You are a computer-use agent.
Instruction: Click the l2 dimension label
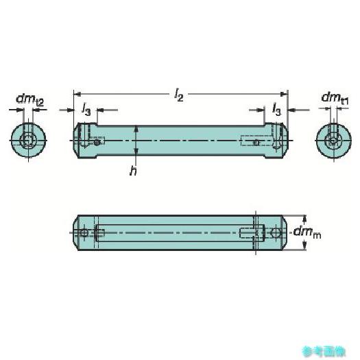click(x=178, y=95)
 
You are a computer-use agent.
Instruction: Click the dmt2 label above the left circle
click(x=29, y=99)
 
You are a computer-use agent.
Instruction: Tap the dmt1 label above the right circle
click(x=335, y=98)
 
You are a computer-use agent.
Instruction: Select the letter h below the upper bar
click(x=133, y=171)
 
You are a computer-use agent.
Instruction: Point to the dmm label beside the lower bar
click(x=307, y=232)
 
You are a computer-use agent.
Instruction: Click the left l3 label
click(x=86, y=110)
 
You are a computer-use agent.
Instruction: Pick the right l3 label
click(x=276, y=109)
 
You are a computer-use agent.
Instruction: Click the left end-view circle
click(x=29, y=140)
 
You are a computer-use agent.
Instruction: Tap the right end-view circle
click(x=333, y=141)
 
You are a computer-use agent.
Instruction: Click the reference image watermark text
click(x=324, y=351)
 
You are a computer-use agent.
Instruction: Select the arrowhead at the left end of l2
click(x=77, y=94)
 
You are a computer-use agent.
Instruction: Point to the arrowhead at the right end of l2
click(x=285, y=94)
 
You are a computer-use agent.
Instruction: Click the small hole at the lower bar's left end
click(x=84, y=233)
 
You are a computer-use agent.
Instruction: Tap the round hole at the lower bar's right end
click(x=276, y=233)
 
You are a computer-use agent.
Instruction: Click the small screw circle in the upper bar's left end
click(x=97, y=143)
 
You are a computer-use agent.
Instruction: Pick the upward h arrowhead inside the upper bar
click(x=136, y=129)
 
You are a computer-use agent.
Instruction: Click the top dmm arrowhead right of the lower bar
click(x=304, y=219)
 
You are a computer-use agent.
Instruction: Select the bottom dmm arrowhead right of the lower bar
click(x=304, y=245)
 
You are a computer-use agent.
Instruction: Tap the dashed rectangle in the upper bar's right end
click(x=256, y=141)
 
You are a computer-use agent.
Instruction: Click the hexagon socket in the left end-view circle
click(x=27, y=140)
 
